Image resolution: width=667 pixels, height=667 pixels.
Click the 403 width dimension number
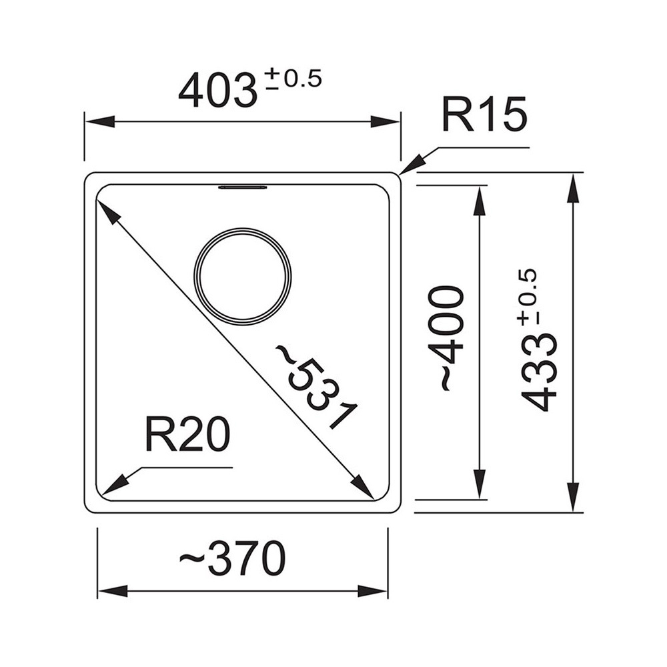coord(218,90)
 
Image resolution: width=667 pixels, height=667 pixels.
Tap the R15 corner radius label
coord(484,114)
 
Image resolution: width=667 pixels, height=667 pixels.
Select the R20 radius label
coord(188,434)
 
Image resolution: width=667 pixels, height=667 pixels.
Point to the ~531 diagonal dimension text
coord(317,386)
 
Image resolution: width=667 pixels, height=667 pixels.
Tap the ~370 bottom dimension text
coord(232,558)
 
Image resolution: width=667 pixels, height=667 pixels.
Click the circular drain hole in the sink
coord(243,277)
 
